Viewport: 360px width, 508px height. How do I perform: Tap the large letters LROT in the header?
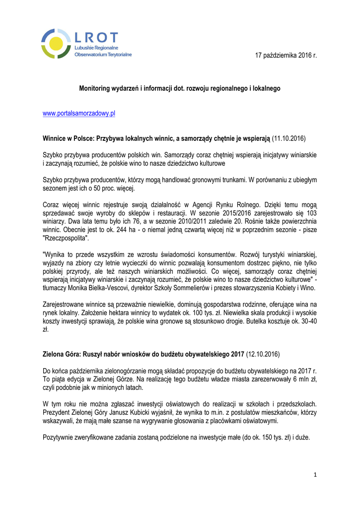[96, 37]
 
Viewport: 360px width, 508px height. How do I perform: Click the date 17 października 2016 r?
[286, 55]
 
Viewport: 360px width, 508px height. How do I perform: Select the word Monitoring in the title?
[95, 88]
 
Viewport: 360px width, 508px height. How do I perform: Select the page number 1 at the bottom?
[315, 475]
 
